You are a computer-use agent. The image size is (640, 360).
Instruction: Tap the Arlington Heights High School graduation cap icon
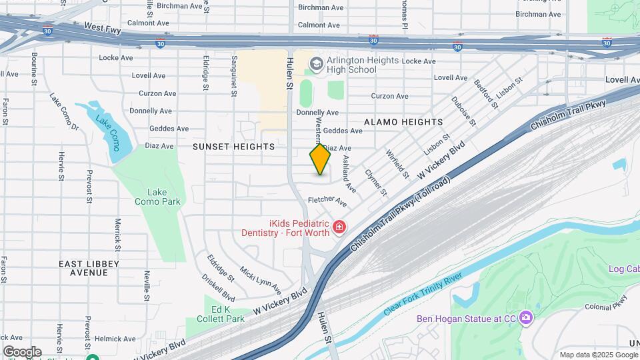click(x=316, y=64)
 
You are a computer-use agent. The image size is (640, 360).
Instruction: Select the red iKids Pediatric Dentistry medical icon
click(x=339, y=228)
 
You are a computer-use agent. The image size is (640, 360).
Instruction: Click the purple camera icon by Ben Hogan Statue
click(x=526, y=318)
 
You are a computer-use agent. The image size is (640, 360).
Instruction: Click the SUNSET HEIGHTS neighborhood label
click(x=233, y=146)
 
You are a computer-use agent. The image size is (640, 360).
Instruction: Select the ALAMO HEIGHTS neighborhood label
click(x=403, y=122)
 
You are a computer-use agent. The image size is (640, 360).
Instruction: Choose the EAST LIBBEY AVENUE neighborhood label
click(x=89, y=268)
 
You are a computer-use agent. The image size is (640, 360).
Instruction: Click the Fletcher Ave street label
click(x=327, y=200)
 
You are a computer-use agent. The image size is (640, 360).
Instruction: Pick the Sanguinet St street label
click(x=234, y=77)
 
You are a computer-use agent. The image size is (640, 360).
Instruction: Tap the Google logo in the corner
click(x=22, y=351)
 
